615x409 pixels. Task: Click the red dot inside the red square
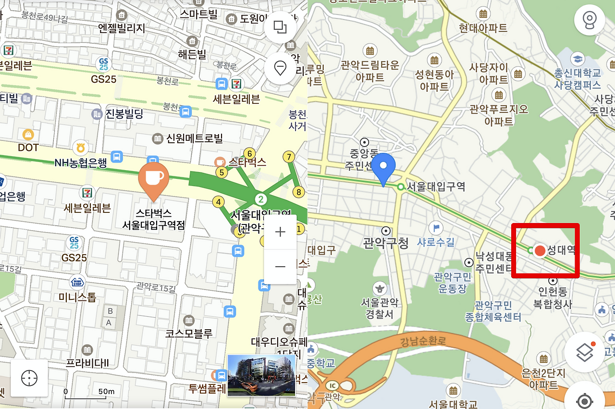pos(540,250)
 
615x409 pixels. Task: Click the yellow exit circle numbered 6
pos(249,153)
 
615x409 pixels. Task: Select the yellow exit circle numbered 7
pos(288,157)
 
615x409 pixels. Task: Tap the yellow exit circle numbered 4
pos(219,202)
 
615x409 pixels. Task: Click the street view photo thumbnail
pos(261,375)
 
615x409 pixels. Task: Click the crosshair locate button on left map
pos(29,378)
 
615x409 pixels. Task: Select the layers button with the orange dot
pos(584,352)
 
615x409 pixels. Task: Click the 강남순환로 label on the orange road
pos(423,342)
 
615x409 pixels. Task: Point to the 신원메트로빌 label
pos(195,139)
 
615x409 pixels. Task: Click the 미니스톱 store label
pos(77,297)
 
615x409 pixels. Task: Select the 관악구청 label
pos(386,243)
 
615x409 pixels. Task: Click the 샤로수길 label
pos(435,241)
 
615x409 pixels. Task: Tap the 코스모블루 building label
pos(189,333)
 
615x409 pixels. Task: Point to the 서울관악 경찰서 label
pos(380,308)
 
